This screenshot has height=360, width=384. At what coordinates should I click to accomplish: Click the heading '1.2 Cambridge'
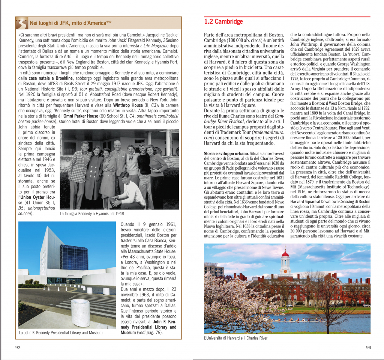click(x=223, y=22)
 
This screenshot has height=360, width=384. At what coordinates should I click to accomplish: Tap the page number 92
click(x=18, y=347)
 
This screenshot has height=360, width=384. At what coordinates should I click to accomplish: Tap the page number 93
click(x=368, y=347)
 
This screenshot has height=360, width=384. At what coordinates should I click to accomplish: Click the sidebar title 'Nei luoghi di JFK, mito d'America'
click(x=70, y=24)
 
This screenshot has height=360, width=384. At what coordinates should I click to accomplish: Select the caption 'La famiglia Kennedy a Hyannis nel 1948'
click(x=91, y=214)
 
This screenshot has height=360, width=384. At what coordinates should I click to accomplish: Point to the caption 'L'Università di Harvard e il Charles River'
click(x=235, y=338)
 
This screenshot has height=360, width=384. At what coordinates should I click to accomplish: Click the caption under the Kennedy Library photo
click(x=60, y=332)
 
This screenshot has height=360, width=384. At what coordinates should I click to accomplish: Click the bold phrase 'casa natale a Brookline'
click(x=51, y=78)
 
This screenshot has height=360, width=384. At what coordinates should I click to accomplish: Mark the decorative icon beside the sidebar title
click(x=22, y=23)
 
